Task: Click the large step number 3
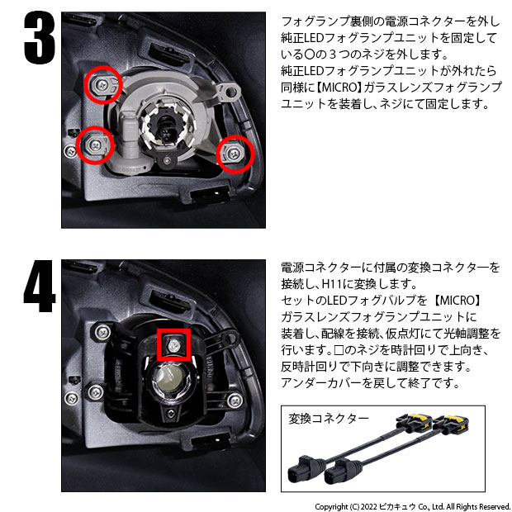click(40, 37)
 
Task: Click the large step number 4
click(39, 286)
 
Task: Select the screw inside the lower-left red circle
click(95, 145)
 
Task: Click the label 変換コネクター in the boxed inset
click(329, 419)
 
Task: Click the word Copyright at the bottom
click(331, 507)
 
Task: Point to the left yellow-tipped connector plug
click(413, 424)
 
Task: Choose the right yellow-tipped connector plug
click(451, 424)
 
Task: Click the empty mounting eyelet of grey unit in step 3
click(230, 92)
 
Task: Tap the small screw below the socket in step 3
click(168, 160)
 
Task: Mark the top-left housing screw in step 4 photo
click(103, 333)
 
